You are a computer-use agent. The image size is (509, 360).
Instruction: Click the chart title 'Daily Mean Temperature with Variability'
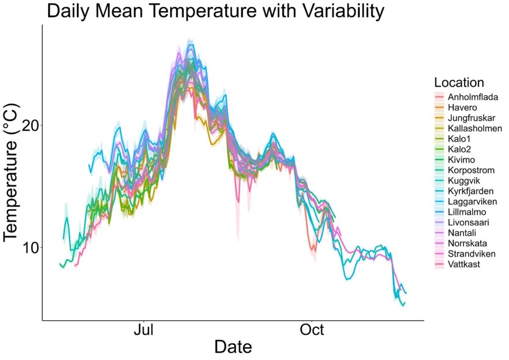[216, 11]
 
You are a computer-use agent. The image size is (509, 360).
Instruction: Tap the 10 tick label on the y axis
[31, 247]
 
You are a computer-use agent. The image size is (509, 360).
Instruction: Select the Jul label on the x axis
[144, 330]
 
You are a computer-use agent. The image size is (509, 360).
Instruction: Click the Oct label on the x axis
[312, 330]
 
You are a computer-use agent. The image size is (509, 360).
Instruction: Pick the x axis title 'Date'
[233, 347]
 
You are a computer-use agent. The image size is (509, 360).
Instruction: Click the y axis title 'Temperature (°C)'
[11, 173]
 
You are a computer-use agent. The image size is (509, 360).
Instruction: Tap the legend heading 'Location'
[459, 83]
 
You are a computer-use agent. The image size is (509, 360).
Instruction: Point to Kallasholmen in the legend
[468, 128]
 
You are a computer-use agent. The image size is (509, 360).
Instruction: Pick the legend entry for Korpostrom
[465, 170]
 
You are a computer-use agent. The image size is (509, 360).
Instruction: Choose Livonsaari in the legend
[462, 222]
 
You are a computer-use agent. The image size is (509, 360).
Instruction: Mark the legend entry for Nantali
[455, 233]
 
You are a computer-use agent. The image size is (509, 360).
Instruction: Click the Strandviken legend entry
[465, 254]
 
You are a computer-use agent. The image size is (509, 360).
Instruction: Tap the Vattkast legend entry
[457, 264]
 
